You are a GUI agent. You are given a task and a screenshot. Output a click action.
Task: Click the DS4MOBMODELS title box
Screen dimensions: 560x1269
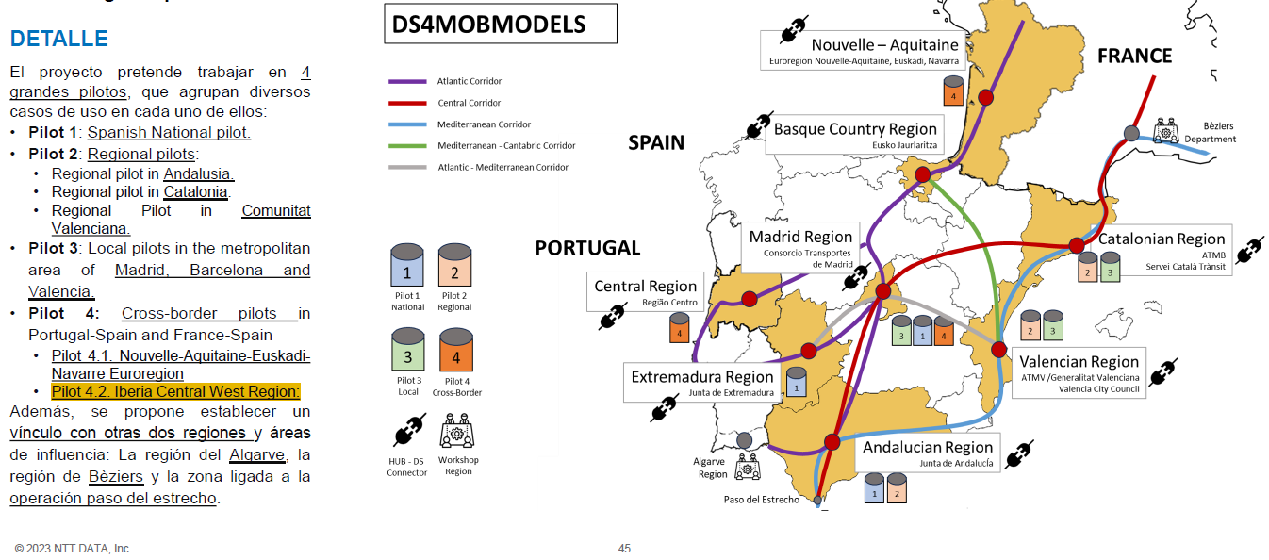(x=500, y=25)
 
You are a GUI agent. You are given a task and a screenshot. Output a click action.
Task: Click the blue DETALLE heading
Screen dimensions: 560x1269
(x=58, y=39)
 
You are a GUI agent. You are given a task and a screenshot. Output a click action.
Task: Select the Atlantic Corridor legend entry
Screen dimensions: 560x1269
(x=469, y=81)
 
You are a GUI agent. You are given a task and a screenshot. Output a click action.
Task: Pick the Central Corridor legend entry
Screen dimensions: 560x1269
(x=468, y=103)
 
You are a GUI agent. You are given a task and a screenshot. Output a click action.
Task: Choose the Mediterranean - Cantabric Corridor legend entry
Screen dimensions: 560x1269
(x=505, y=145)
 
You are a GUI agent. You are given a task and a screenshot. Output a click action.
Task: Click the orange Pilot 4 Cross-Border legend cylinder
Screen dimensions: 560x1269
(x=456, y=350)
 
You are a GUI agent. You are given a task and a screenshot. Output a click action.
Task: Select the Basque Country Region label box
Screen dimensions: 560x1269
(x=855, y=136)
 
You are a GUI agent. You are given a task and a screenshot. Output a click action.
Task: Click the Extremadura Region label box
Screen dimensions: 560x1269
(x=702, y=383)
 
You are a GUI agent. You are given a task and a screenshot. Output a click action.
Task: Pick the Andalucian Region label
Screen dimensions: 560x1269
(x=928, y=453)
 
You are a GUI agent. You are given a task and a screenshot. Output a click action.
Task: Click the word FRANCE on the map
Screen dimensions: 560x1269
(x=1134, y=57)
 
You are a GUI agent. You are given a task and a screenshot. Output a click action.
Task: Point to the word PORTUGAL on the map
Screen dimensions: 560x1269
(x=587, y=248)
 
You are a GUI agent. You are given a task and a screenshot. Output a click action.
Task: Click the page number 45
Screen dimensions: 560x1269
(x=624, y=549)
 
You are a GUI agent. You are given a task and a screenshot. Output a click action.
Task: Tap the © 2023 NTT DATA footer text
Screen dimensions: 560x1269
(x=73, y=549)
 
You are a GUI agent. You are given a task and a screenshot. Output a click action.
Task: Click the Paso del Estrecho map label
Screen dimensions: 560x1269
(x=761, y=500)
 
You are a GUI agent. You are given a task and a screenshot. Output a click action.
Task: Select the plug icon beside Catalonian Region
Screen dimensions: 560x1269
(x=1250, y=252)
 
